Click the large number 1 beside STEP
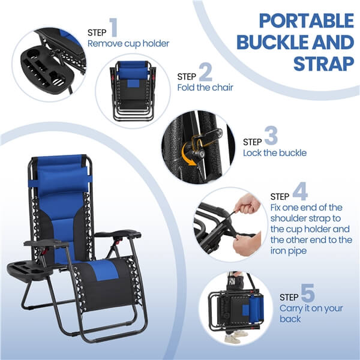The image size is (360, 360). [x=114, y=29]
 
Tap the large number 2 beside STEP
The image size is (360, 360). [x=206, y=73]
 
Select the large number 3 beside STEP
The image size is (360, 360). [x=271, y=137]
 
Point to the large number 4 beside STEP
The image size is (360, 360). [x=301, y=192]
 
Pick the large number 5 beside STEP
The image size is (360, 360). [x=307, y=294]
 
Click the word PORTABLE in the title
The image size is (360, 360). [x=306, y=20]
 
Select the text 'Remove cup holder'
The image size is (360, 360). [x=128, y=43]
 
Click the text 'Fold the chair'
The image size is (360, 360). [x=205, y=88]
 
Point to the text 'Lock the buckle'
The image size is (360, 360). [x=275, y=153]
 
